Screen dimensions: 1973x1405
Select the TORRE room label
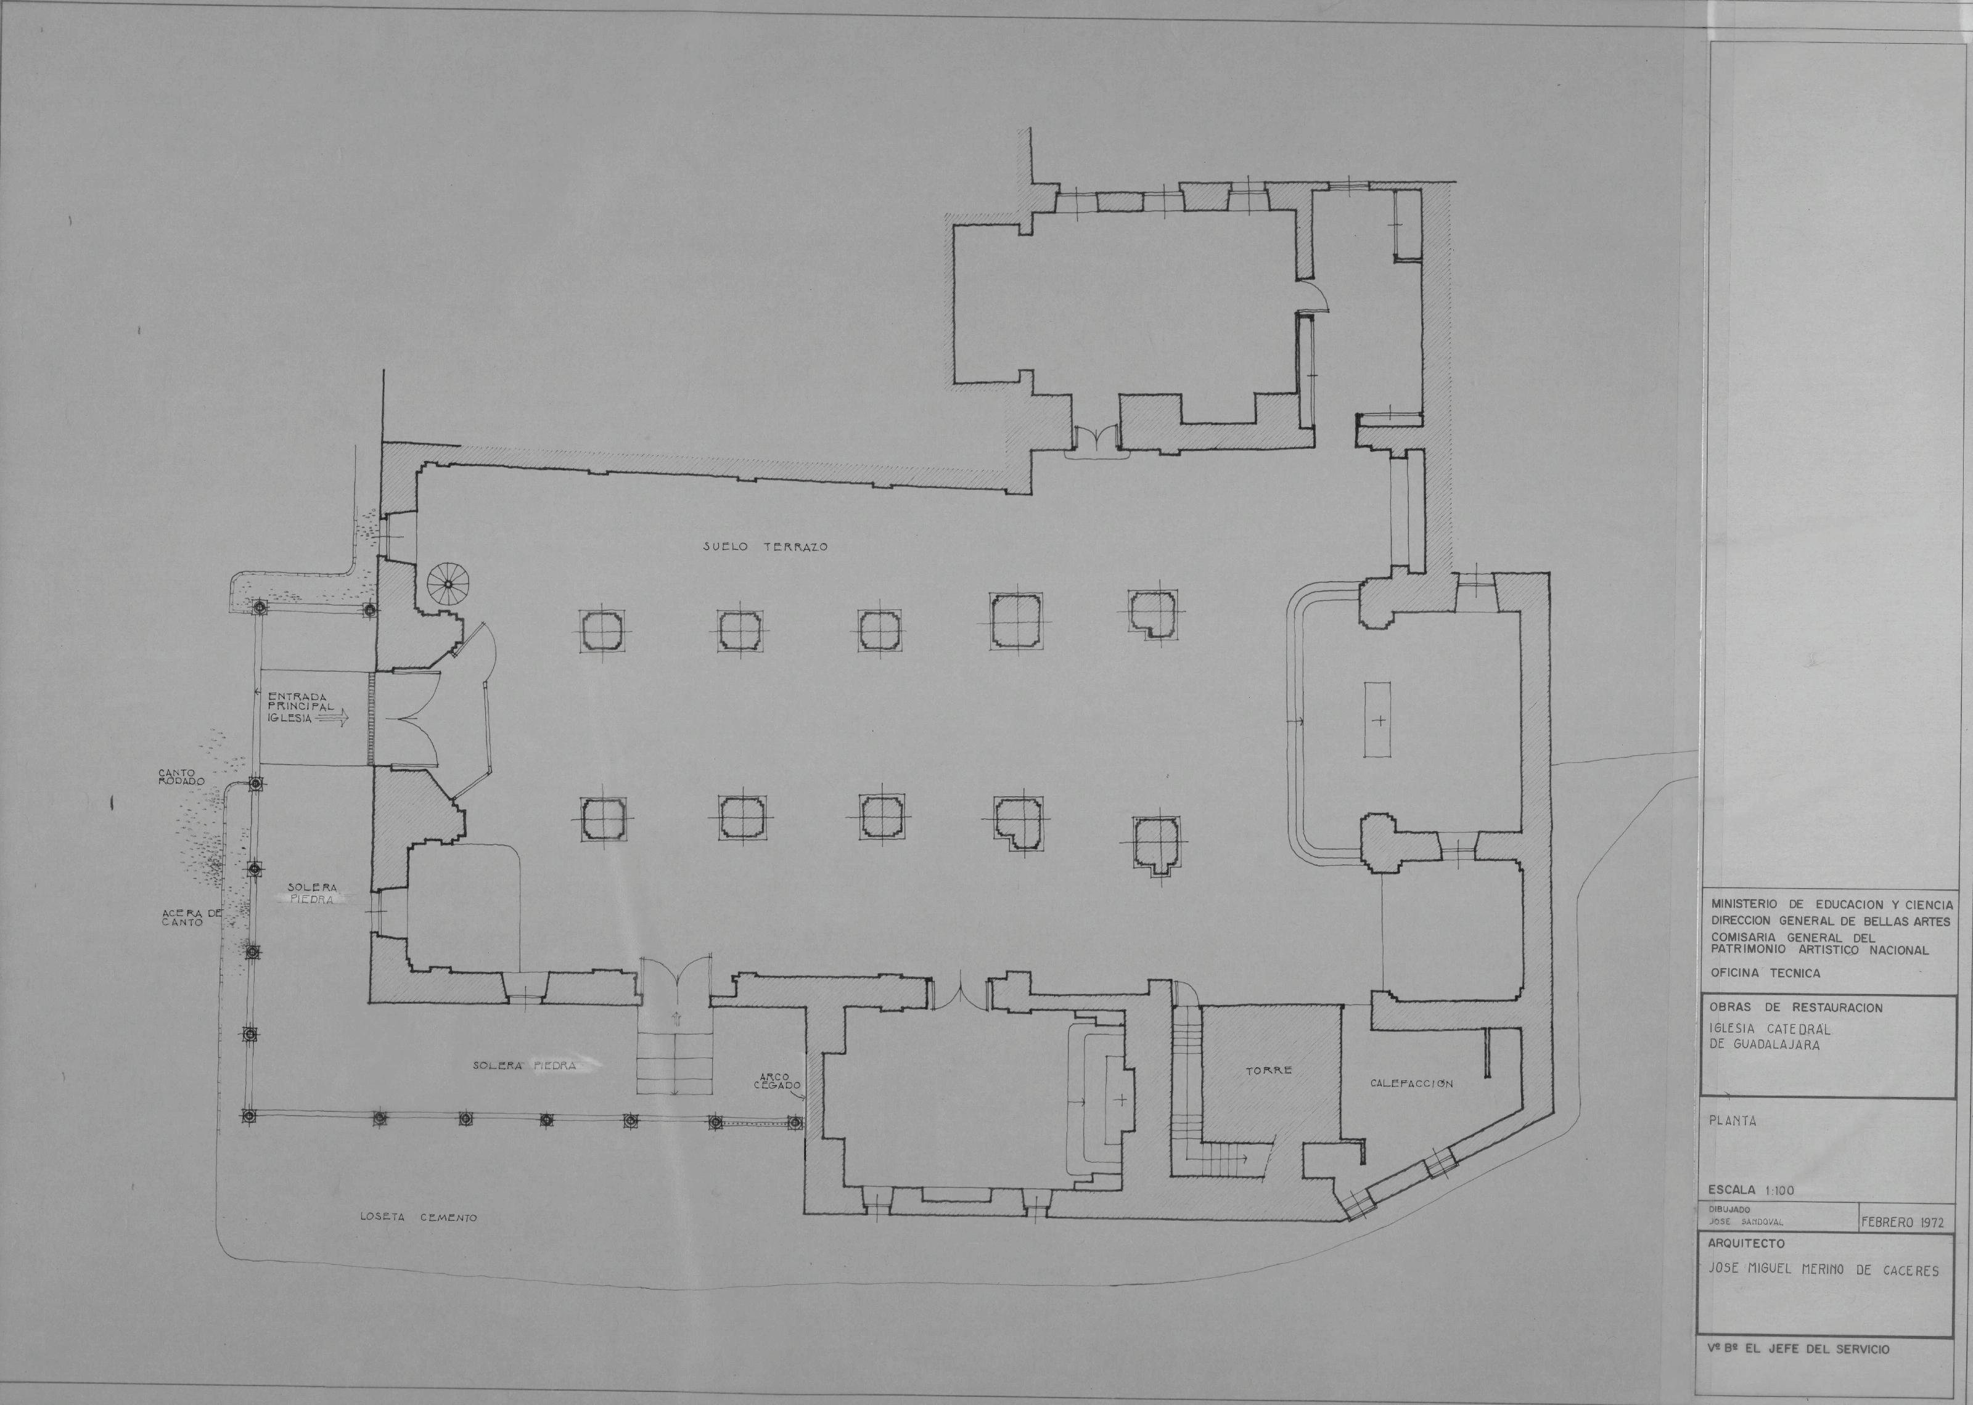[x=1269, y=1070]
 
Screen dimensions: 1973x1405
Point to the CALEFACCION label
[x=1411, y=1083]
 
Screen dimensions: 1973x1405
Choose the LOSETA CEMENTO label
[x=419, y=1217]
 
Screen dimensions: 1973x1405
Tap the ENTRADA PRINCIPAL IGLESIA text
[x=301, y=707]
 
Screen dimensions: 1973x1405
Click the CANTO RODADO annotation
[x=181, y=777]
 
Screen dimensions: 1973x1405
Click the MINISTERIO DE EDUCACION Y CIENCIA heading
[x=1829, y=904]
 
